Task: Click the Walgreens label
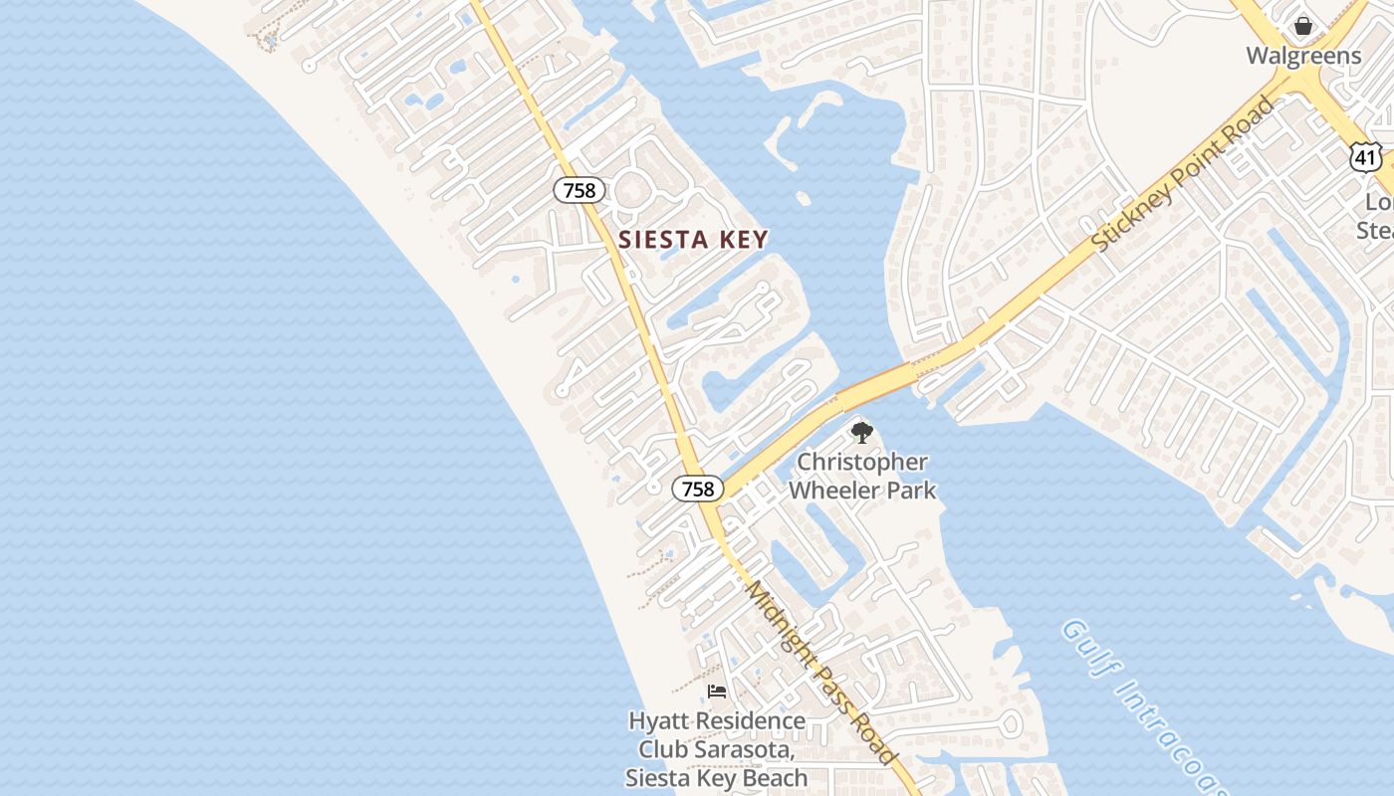[1303, 56]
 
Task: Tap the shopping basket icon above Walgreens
[1303, 26]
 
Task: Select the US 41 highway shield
[1366, 156]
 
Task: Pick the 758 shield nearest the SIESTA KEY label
[579, 190]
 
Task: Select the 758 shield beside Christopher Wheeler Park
[698, 489]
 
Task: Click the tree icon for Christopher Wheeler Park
[862, 433]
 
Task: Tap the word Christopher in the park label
[862, 463]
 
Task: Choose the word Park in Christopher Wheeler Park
[912, 491]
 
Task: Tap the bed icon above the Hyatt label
[717, 692]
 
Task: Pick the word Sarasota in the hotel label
[737, 749]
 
